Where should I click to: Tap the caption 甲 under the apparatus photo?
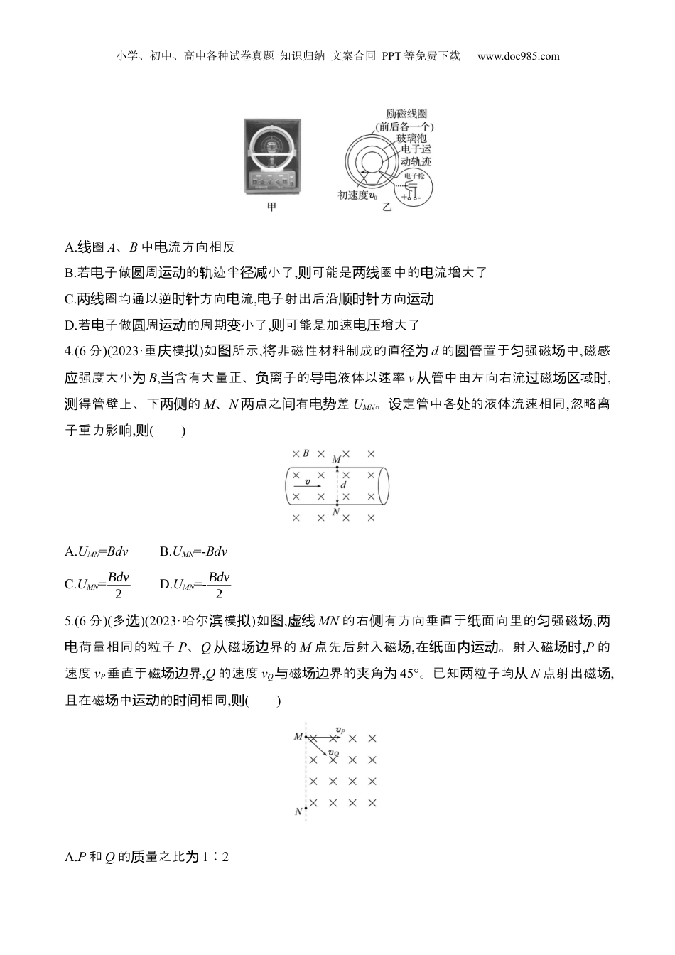tap(271, 207)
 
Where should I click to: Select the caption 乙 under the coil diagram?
tap(387, 207)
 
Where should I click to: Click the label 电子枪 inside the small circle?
tap(414, 175)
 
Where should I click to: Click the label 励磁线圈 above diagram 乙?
tap(406, 114)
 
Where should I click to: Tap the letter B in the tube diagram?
tap(306, 453)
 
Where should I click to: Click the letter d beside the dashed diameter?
tap(344, 485)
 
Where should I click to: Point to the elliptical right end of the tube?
tap(384, 485)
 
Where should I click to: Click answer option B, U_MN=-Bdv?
tap(193, 551)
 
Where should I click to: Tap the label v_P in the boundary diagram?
tap(341, 730)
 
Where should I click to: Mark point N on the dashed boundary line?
tap(299, 810)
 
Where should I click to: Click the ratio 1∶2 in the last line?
tap(217, 857)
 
